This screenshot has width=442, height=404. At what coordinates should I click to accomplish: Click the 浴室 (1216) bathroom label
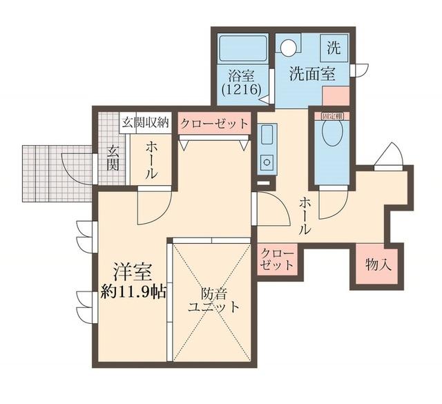coord(238,82)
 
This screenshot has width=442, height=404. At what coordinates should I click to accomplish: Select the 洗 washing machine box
coord(334,48)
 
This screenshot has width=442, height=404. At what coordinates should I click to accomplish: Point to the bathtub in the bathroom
coord(242,48)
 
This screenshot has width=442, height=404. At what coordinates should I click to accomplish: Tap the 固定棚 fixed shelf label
coord(332,117)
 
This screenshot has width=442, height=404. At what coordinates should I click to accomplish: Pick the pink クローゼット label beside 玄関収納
coord(214,124)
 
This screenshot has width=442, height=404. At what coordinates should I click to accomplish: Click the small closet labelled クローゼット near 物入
coord(278,260)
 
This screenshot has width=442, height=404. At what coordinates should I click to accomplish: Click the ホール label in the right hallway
coord(305,215)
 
